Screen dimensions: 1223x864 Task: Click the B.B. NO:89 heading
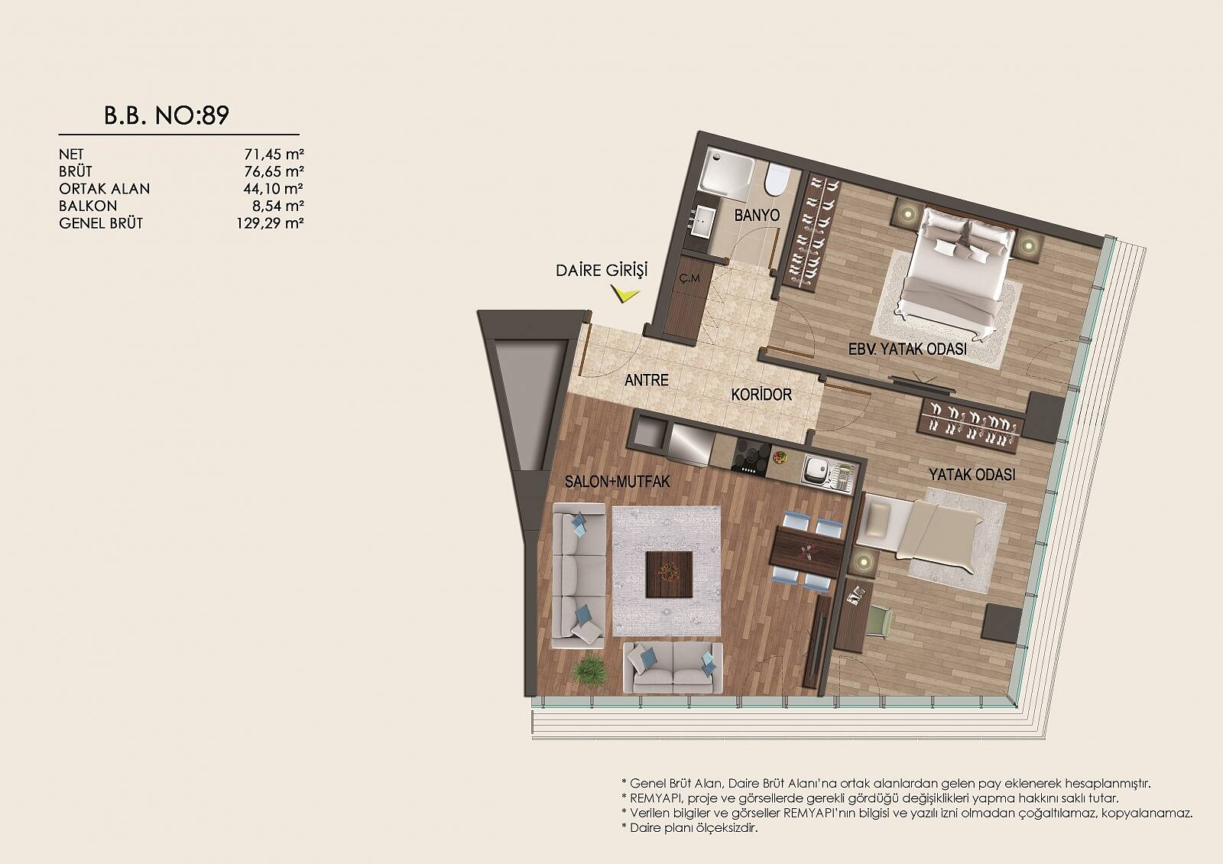click(167, 115)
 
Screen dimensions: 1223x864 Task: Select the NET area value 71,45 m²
click(274, 154)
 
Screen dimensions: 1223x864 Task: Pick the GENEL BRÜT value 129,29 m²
click(271, 223)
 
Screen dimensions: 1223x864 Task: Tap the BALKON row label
click(88, 206)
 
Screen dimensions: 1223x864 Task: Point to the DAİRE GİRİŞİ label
click(601, 271)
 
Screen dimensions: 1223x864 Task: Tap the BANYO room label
click(757, 215)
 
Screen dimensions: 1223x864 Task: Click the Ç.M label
click(689, 278)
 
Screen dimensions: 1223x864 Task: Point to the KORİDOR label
click(761, 395)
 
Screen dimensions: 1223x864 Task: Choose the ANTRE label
click(647, 379)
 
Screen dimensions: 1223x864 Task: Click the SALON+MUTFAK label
click(617, 481)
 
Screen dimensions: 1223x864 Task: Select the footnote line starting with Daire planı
click(689, 827)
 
